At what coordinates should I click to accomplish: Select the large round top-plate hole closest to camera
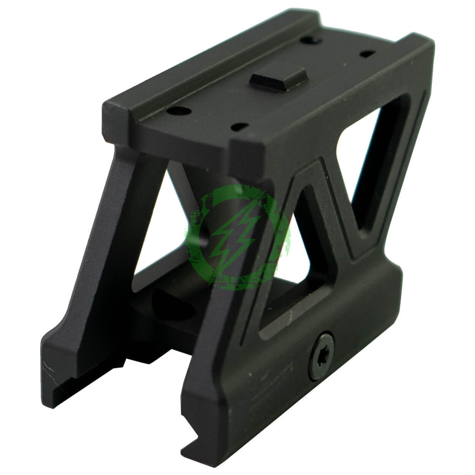180,110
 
